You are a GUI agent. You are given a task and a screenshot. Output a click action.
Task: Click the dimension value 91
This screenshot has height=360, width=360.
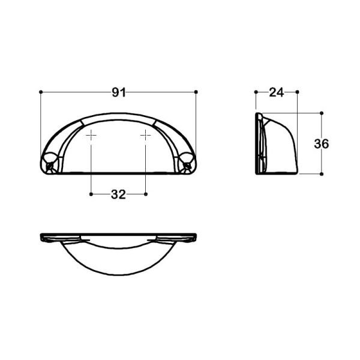118,92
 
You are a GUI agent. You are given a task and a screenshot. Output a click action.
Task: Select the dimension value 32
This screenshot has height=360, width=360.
118,194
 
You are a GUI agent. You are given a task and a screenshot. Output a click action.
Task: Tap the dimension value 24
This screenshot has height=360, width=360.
276,92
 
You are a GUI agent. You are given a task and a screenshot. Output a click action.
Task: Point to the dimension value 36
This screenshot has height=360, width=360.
322,143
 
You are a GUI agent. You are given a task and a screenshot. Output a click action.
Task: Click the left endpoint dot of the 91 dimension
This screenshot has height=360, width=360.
40,92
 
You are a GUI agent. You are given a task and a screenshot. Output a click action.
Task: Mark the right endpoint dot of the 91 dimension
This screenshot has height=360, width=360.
197,92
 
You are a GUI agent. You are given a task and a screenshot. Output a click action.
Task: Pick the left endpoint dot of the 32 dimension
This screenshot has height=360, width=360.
91,194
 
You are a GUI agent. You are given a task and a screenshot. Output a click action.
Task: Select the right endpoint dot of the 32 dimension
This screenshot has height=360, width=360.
146,194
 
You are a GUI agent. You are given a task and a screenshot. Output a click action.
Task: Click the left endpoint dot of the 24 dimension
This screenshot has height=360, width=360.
256,92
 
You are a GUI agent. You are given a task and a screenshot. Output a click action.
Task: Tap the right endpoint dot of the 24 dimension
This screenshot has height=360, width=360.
298,92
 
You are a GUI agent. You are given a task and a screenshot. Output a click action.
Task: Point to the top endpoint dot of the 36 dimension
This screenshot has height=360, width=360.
322,112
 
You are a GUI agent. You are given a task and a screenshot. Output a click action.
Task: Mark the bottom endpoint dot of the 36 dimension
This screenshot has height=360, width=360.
322,174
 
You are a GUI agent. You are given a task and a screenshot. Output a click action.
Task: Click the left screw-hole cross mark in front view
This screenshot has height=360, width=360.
91,136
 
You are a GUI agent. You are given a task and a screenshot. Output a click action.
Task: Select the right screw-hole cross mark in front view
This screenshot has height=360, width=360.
146,136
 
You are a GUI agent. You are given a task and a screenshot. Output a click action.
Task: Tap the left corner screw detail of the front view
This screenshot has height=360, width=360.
49,161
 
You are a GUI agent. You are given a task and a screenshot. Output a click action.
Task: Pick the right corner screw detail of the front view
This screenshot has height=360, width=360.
188,161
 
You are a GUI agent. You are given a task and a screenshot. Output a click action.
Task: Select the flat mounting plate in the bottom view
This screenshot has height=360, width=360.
118,235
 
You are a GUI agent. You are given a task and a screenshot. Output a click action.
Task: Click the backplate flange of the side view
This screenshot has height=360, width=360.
259,144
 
